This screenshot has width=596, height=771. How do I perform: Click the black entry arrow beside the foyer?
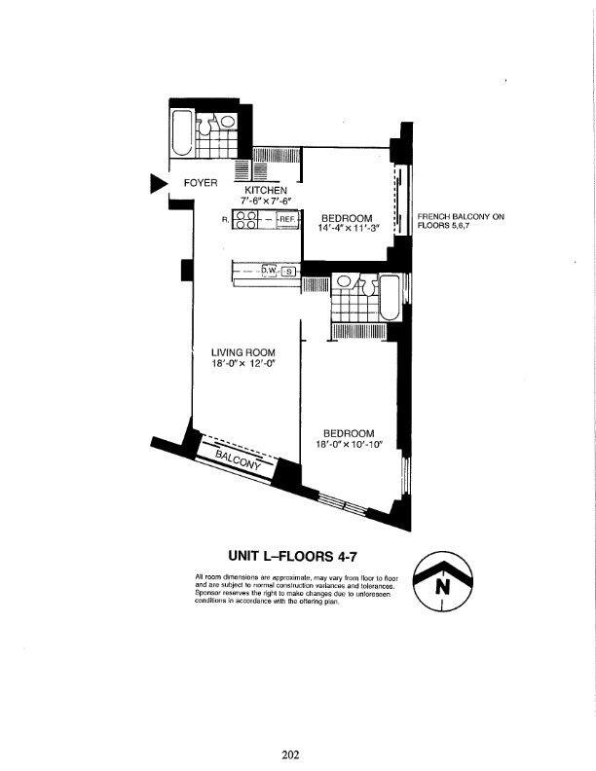coord(157,183)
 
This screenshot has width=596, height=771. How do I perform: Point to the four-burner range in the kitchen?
coord(244,220)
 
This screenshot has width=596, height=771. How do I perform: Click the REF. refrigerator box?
coord(285,220)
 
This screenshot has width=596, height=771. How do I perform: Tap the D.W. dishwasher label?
coord(270,271)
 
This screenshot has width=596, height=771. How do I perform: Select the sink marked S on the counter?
coord(287,271)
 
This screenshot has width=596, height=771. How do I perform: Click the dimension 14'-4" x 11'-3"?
coord(348,228)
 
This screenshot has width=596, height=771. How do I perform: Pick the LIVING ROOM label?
coord(242,352)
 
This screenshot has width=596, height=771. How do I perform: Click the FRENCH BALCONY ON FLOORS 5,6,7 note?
coord(460,221)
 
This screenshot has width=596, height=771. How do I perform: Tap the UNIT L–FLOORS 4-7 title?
coord(298,556)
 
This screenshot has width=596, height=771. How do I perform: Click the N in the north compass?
coord(443,587)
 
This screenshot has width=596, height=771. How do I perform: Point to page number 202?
coord(290,753)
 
